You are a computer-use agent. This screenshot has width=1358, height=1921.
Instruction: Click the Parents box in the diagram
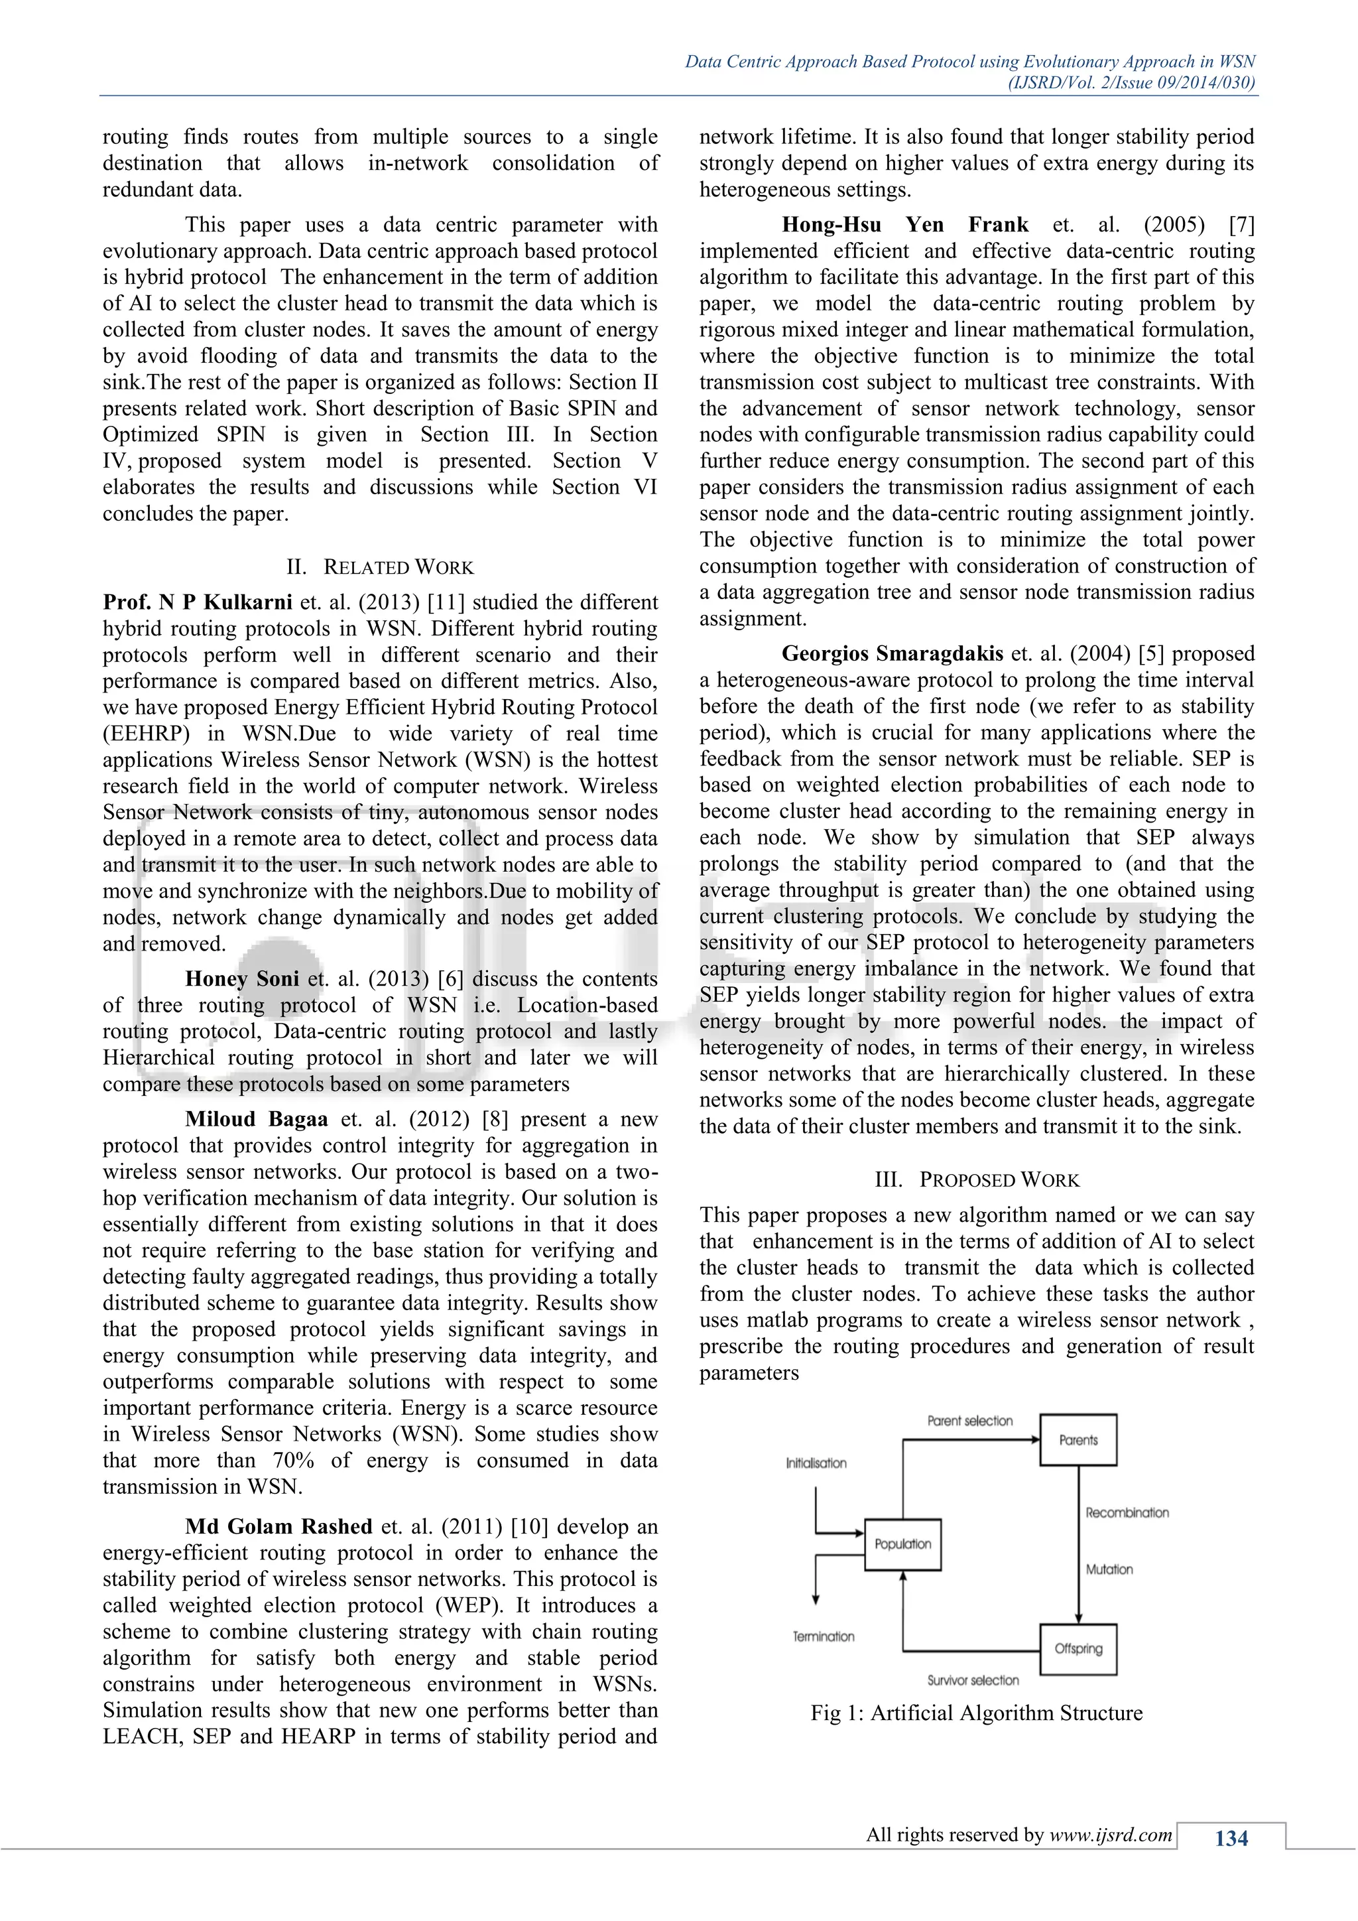pos(1078,1440)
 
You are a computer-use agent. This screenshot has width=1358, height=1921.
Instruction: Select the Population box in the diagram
pos(902,1544)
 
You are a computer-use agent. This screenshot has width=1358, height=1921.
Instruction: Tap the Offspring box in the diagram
pos(1078,1648)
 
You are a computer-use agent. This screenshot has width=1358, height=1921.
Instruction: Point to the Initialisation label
pos(816,1463)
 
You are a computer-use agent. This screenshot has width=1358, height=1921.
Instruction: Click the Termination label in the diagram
pos(824,1636)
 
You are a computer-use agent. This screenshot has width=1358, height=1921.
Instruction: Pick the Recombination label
pos(1127,1512)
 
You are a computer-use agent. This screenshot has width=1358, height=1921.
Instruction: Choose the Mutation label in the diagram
pos(1109,1569)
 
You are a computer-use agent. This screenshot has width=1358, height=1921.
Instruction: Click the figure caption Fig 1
pos(976,1713)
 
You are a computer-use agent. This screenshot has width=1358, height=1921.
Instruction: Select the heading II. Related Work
pos(380,567)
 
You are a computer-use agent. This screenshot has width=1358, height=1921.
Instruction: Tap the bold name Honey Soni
pos(241,979)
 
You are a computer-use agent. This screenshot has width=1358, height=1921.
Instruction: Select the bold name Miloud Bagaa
pos(257,1120)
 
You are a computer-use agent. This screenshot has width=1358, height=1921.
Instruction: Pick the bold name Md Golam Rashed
pos(278,1526)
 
